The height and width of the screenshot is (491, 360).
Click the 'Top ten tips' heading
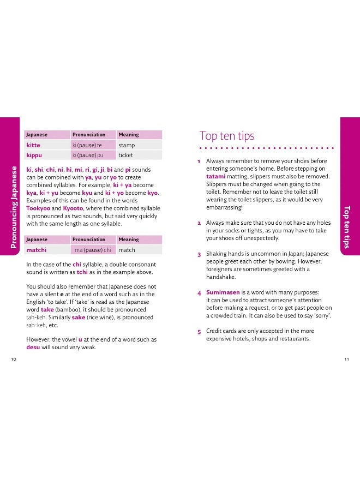pos(227,136)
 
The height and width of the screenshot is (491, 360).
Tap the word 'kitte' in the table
pos(33,145)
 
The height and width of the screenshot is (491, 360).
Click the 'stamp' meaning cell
pos(127,145)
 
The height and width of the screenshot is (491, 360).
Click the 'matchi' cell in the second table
pos(37,250)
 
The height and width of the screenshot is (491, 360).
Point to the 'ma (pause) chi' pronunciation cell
pos(93,250)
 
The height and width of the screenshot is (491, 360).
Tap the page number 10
pos(13,358)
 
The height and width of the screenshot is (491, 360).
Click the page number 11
pos(346,358)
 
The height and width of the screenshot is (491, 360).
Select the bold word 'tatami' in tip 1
pos(217,176)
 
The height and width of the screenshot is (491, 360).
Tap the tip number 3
pos(200,255)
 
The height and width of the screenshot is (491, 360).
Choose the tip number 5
pos(200,332)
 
